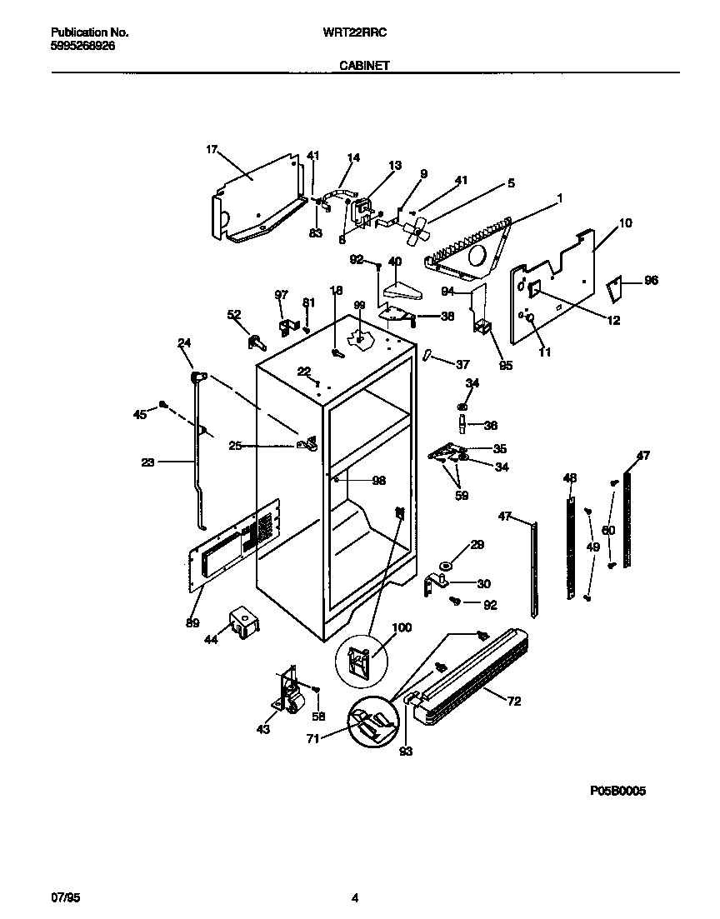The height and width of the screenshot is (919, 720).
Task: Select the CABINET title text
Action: pos(364,64)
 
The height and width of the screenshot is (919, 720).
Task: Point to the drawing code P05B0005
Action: pos(617,791)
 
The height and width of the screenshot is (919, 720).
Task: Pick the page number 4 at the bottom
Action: pos(355,897)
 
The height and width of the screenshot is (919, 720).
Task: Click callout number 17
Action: pos(211,150)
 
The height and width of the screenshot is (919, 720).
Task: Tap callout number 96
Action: pos(651,281)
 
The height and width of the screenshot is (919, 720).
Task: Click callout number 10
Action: pos(625,223)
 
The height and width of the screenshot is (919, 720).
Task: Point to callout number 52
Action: pos(234,314)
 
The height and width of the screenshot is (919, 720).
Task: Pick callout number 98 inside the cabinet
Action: pos(379,481)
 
